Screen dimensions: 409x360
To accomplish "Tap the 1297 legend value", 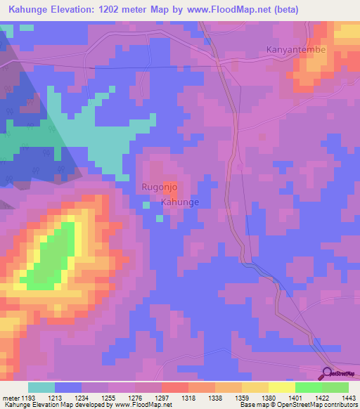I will coord(162,398).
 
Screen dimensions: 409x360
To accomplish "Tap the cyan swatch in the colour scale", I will coord(41,387).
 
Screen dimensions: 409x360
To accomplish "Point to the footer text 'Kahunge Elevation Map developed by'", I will coord(56,405).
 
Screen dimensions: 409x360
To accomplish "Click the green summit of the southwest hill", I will coord(56,257).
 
